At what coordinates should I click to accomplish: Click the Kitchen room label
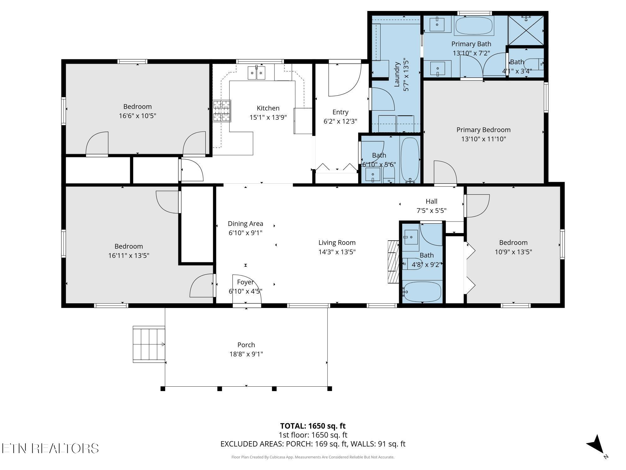(x=268, y=108)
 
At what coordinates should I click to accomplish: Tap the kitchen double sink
(x=256, y=73)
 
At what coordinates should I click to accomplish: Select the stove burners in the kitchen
(x=222, y=111)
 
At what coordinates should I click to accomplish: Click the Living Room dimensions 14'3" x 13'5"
(x=337, y=252)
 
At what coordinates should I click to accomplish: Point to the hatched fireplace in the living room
(x=393, y=262)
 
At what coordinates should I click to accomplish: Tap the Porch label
(x=246, y=345)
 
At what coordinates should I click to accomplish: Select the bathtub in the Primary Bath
(x=474, y=26)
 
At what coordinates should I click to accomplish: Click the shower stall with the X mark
(x=526, y=30)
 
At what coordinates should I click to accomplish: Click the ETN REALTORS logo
(x=50, y=448)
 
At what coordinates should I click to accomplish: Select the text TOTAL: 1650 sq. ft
(x=313, y=426)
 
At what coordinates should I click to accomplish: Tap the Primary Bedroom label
(x=483, y=130)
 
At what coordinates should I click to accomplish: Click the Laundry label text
(x=397, y=75)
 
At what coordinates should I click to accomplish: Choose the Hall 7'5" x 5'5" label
(x=431, y=206)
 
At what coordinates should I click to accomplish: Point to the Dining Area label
(x=245, y=224)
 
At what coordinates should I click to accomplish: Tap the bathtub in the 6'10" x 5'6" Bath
(x=410, y=160)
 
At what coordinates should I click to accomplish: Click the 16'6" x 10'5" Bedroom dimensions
(x=137, y=116)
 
